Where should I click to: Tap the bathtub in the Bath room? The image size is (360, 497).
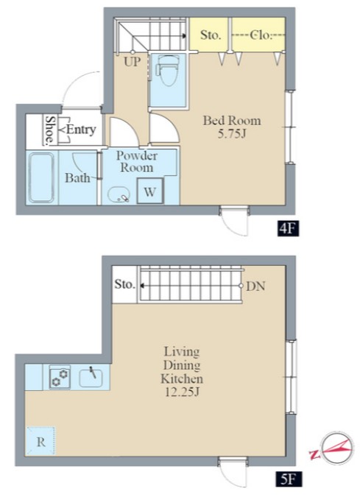tap(41, 177)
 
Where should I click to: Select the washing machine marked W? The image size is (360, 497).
tap(150, 191)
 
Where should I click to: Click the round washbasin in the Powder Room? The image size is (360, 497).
tap(119, 194)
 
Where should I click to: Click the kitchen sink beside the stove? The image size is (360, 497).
tap(91, 378)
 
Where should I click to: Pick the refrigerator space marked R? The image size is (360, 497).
tap(40, 441)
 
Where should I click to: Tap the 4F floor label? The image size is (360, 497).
tap(288, 229)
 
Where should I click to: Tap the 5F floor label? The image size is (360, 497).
tap(288, 479)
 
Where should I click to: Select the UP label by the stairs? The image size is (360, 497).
tap(132, 62)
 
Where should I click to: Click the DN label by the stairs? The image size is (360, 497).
tap(255, 286)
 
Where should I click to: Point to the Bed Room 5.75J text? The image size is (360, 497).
tap(232, 127)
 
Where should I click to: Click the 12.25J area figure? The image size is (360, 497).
tap(182, 392)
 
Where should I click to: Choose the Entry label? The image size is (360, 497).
tap(81, 130)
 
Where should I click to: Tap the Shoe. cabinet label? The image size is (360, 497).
tap(50, 130)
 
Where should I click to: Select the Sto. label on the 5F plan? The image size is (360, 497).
tap(124, 284)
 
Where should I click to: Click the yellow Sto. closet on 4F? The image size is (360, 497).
tap(209, 34)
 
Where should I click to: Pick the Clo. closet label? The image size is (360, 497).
tap(261, 35)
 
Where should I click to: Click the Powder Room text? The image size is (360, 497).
tap(136, 162)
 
